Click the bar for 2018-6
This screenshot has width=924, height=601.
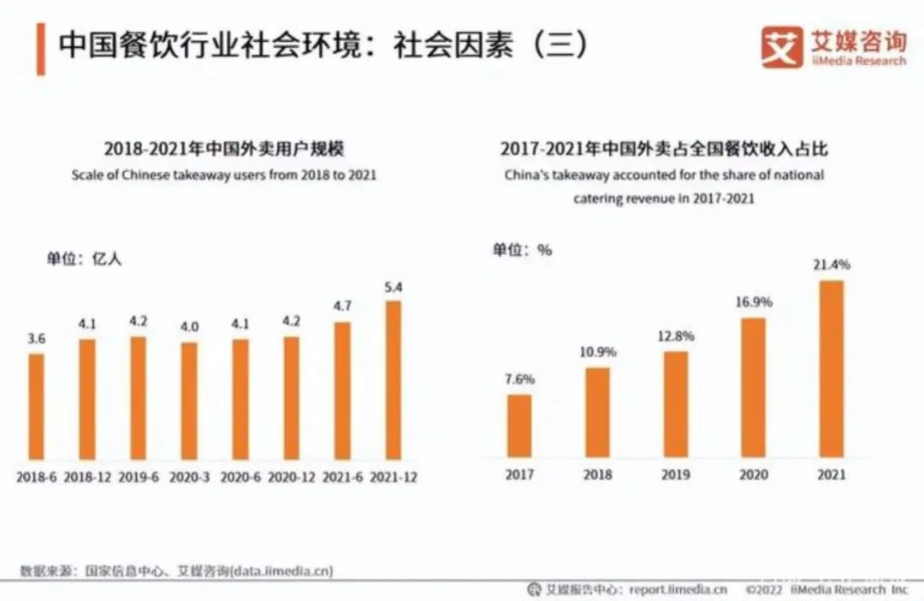36,406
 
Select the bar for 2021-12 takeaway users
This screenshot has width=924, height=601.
393,380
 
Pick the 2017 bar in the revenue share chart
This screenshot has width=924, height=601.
519,425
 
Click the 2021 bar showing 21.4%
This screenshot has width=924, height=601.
831,369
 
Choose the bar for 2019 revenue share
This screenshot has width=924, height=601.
676,404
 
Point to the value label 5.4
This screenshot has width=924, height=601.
393,287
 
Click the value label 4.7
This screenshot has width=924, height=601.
342,306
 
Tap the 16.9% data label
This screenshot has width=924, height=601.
754,302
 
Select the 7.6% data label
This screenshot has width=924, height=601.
519,379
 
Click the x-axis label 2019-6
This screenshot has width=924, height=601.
139,478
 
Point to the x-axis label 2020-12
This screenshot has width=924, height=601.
292,478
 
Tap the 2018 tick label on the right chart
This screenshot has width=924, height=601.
597,473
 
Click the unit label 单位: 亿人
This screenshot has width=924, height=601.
85,259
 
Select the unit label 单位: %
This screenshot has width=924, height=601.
522,250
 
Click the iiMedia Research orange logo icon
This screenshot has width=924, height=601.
780,48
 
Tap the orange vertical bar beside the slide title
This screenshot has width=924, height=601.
39,49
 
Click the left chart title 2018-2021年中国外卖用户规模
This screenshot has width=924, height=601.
223,148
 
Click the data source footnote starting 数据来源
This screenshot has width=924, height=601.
176,570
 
